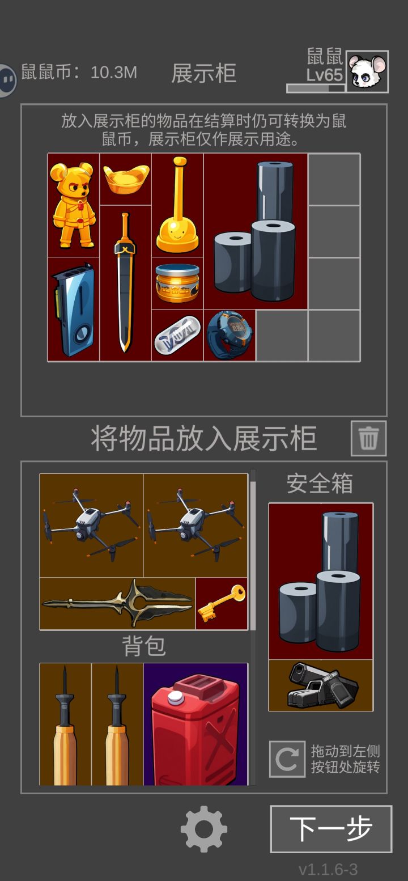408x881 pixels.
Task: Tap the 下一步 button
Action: click(331, 829)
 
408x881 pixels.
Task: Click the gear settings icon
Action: click(203, 829)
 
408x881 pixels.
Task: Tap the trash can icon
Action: click(368, 438)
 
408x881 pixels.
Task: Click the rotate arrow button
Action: click(287, 759)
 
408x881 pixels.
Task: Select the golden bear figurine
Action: click(73, 205)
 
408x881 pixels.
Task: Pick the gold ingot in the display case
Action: click(126, 179)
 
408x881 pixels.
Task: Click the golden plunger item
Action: click(178, 205)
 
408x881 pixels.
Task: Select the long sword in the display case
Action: click(125, 282)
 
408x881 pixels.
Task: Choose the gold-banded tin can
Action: click(177, 283)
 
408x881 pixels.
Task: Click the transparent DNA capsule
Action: click(178, 336)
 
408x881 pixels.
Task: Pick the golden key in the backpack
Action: click(222, 603)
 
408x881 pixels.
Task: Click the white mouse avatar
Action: click(367, 72)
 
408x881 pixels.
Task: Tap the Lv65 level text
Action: click(325, 75)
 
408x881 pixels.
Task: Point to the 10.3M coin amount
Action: click(113, 73)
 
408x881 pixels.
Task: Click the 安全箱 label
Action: click(320, 484)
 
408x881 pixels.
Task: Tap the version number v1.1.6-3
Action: click(328, 869)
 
